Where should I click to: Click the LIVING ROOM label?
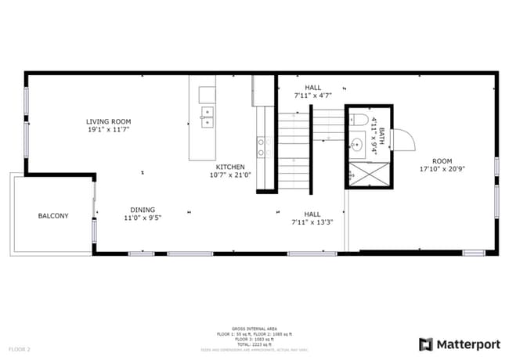[x=109, y=121]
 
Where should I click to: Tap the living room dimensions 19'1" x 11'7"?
[x=109, y=130]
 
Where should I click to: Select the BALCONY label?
[x=53, y=216]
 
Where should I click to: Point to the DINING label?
[x=143, y=210]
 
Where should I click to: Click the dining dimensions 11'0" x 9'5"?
[x=143, y=218]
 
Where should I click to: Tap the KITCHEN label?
[x=230, y=167]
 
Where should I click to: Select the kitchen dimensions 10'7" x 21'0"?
[x=230, y=175]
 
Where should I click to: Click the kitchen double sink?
[x=208, y=117]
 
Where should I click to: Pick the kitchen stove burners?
[x=262, y=147]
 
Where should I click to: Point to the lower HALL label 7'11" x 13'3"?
[x=312, y=218]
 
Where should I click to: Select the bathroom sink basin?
[x=356, y=143]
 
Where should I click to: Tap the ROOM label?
[x=442, y=160]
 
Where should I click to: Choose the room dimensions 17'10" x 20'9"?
[x=442, y=169]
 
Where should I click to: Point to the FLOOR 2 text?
[x=20, y=348]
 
